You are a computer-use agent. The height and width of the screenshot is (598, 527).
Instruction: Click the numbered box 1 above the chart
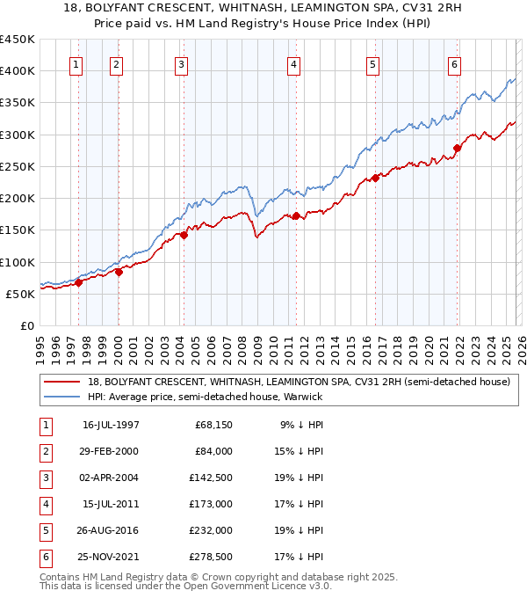coord(76,63)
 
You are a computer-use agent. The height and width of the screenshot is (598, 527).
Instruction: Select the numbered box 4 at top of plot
coord(293,63)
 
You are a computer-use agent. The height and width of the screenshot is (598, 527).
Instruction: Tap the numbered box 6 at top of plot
coord(454,63)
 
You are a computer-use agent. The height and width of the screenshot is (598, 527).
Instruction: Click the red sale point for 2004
coord(184,235)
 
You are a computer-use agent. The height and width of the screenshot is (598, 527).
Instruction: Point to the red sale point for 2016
coord(375,178)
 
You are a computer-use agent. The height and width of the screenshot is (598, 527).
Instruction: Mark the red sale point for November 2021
coord(457,148)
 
